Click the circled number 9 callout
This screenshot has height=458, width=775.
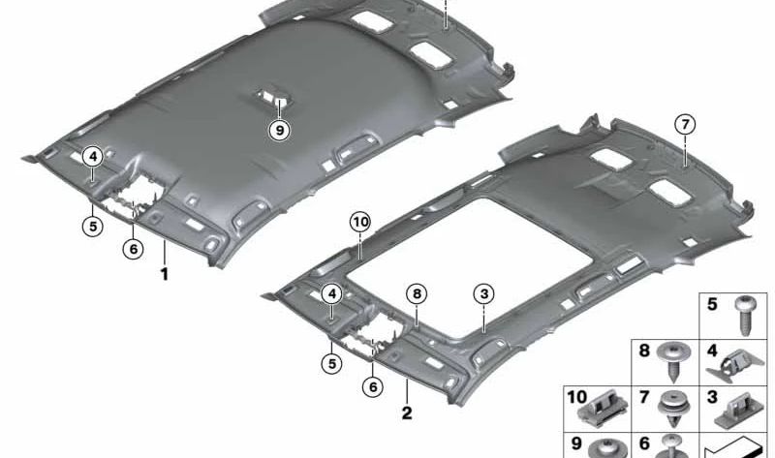[x=280, y=131]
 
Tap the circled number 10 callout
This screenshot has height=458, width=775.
[x=359, y=223]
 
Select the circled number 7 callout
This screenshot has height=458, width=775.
[x=685, y=125]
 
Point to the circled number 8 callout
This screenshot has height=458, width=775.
[x=417, y=294]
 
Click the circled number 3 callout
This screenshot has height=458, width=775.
[x=483, y=294]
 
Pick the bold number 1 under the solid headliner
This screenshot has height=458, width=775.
[x=164, y=274]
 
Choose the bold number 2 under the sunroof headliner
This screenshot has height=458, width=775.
[x=407, y=413]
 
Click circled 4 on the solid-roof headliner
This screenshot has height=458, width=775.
[x=93, y=157]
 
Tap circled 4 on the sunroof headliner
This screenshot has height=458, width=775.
[x=331, y=294]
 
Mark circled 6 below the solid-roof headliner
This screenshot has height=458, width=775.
[x=133, y=249]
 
